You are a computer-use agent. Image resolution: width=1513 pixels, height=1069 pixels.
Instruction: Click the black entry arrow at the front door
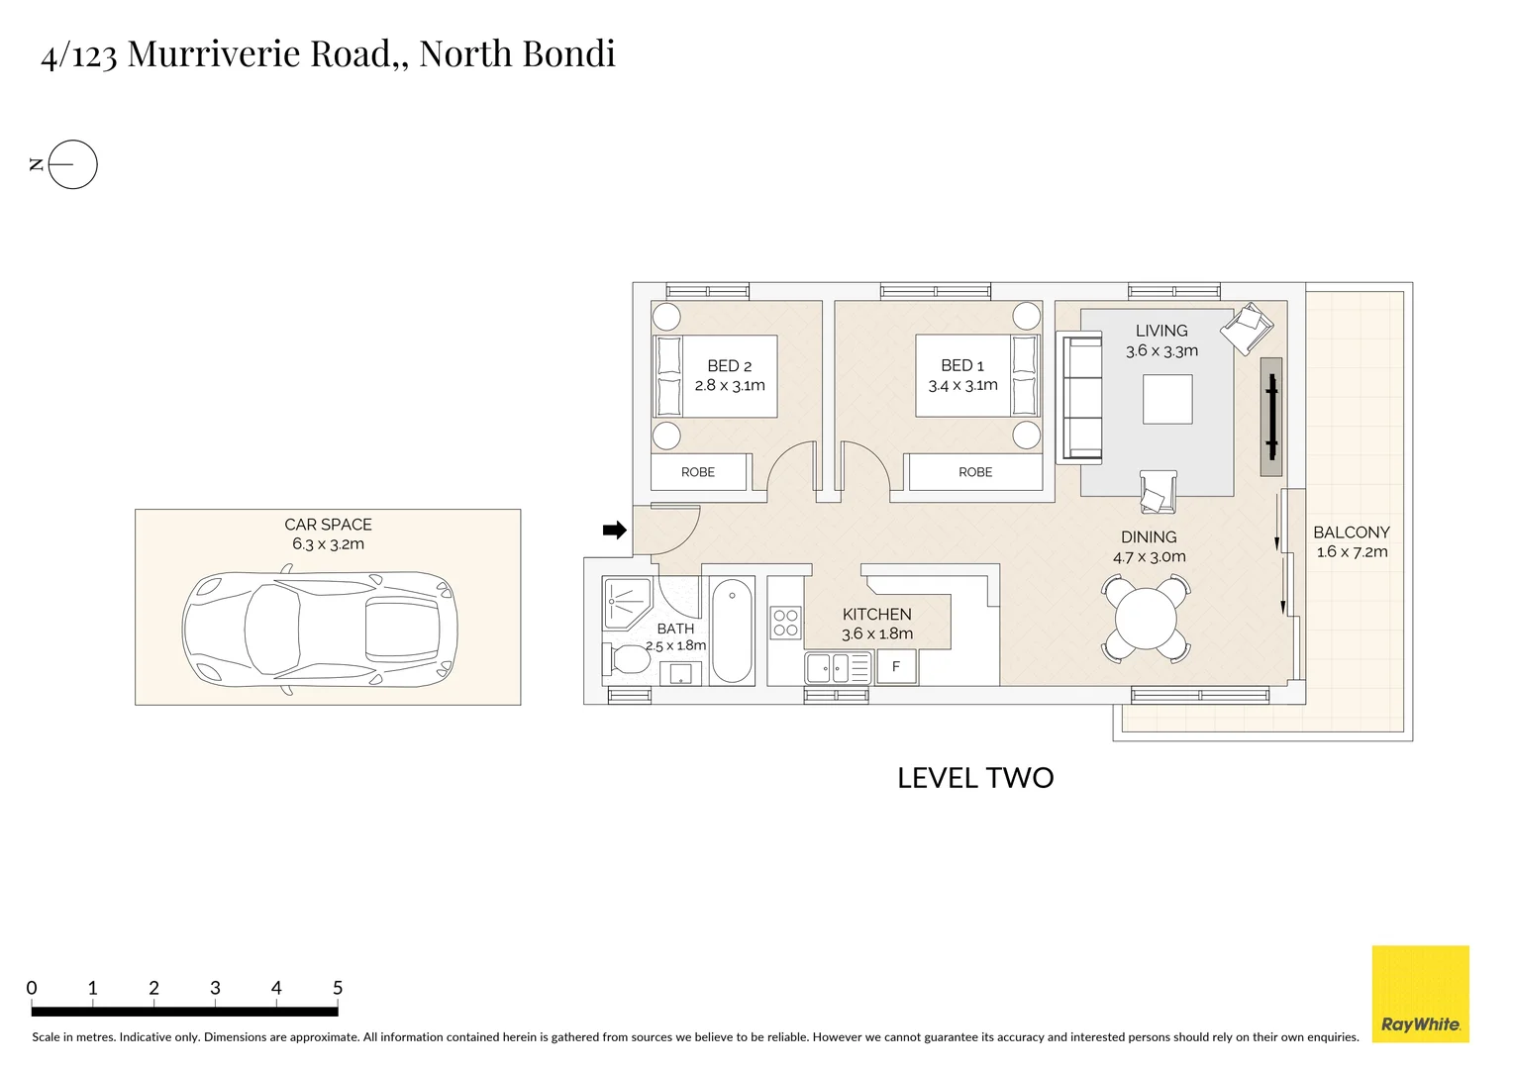click(615, 531)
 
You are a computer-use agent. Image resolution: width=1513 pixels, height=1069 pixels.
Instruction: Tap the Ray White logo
click(1421, 994)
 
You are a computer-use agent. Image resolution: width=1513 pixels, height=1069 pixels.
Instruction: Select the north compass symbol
click(65, 164)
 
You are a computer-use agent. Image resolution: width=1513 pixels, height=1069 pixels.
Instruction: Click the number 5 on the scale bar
click(338, 988)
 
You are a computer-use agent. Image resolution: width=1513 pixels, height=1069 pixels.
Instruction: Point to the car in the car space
click(320, 631)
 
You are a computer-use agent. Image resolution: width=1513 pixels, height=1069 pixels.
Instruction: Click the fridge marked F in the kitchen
click(896, 667)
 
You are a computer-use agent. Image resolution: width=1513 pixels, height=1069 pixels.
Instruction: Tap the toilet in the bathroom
click(626, 658)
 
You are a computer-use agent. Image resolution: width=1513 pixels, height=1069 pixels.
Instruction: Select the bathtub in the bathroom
click(732, 631)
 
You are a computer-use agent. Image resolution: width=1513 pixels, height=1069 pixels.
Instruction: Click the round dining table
click(1146, 618)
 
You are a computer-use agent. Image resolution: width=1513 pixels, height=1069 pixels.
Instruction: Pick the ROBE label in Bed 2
click(698, 472)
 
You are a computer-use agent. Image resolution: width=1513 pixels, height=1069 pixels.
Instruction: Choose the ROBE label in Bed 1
click(975, 472)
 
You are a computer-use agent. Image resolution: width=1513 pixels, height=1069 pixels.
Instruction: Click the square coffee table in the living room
click(1167, 399)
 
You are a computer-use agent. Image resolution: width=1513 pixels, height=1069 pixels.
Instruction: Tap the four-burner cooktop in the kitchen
click(785, 623)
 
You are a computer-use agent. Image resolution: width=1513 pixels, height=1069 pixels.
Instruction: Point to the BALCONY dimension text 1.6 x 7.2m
click(1352, 551)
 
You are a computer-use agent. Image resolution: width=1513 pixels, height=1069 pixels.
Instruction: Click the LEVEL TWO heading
click(975, 778)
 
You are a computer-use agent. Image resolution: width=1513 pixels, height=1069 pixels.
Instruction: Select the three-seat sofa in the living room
click(1079, 397)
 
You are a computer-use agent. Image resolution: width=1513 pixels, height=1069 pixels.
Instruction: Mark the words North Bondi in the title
click(518, 53)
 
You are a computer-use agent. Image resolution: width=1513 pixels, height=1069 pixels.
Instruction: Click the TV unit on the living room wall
click(1271, 417)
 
